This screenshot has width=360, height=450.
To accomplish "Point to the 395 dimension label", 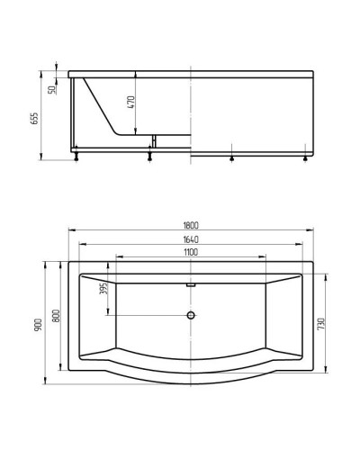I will point(103,288).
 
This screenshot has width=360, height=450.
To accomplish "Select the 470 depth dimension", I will point(131,101).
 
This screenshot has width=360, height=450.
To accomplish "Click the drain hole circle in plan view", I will point(191,315).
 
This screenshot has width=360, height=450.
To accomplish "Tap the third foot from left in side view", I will point(232,159).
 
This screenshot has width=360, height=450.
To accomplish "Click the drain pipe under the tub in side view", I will point(155,141).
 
